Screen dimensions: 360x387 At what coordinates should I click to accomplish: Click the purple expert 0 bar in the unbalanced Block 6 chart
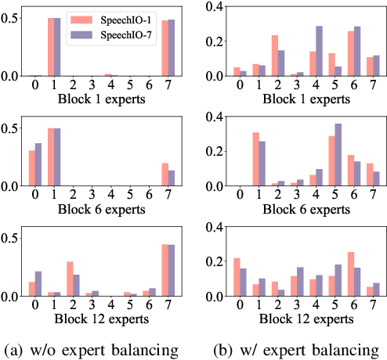click(x=38, y=164)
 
